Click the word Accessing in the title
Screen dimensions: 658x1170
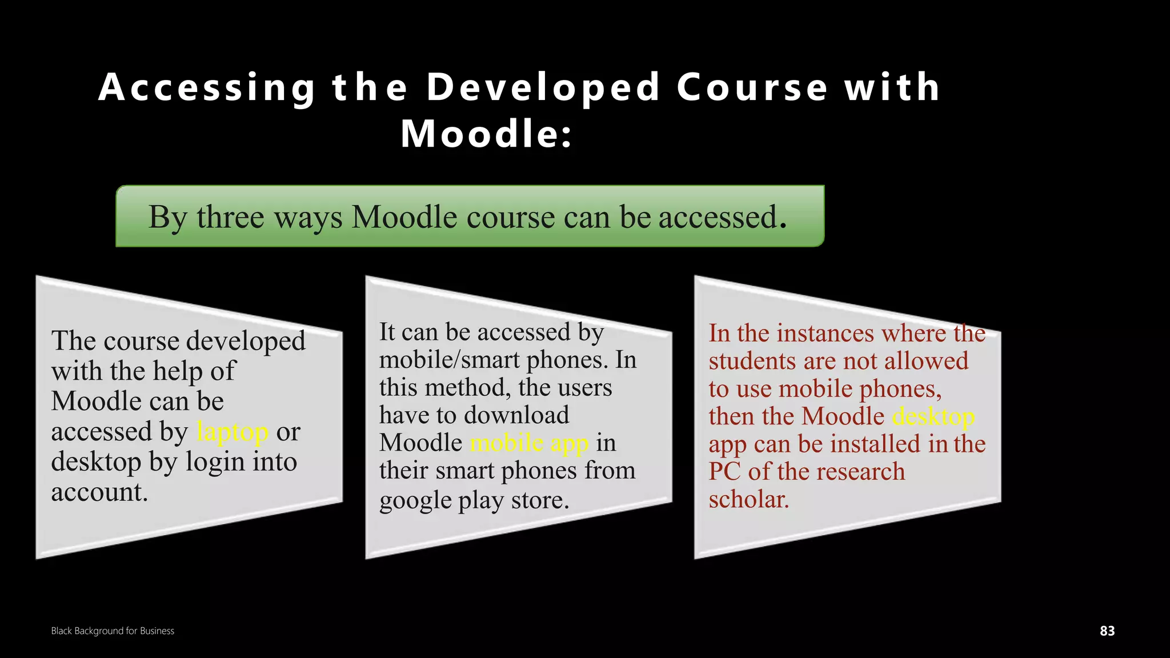[x=207, y=88]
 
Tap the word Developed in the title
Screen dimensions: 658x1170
[x=543, y=88]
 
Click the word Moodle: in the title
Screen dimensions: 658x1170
[x=486, y=135]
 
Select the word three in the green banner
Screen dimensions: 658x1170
[x=230, y=218]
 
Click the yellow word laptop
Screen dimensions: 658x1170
[x=232, y=432]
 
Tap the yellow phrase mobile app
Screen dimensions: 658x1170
[x=529, y=443]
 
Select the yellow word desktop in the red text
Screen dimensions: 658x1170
[x=933, y=417]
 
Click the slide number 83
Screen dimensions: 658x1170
[x=1107, y=631]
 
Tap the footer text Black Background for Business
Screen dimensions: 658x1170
[x=113, y=631]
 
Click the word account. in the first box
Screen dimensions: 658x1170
[x=99, y=492]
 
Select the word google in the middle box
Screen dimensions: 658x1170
[x=415, y=501]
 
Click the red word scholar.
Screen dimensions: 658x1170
[x=748, y=500]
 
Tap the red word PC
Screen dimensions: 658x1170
[x=724, y=472]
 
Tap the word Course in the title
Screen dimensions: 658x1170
[x=752, y=88]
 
